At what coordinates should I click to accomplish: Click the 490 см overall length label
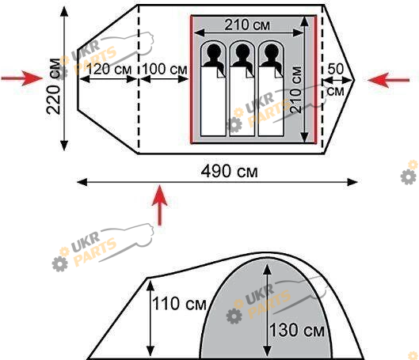pyautogui.click(x=229, y=172)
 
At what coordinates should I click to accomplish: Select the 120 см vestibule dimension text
pyautogui.click(x=109, y=69)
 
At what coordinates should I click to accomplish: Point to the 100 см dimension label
pyautogui.click(x=165, y=69)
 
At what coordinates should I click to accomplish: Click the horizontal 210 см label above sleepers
pyautogui.click(x=247, y=25)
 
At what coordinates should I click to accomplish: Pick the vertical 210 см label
pyautogui.click(x=295, y=89)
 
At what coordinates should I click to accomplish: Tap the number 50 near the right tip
pyautogui.click(x=335, y=69)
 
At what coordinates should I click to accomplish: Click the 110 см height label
pyautogui.click(x=179, y=304)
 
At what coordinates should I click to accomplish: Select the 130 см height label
pyautogui.click(x=296, y=330)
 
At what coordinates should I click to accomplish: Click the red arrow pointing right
pyautogui.click(x=22, y=78)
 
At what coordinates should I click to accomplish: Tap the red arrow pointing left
pyautogui.click(x=389, y=80)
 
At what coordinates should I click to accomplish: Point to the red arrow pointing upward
pyautogui.click(x=159, y=205)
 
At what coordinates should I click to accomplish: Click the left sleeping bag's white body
pyautogui.click(x=213, y=101)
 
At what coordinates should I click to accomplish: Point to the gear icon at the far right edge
pyautogui.click(x=409, y=176)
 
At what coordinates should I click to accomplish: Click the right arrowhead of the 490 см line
pyautogui.click(x=352, y=182)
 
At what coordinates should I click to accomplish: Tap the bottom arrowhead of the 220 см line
pyautogui.click(x=64, y=146)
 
